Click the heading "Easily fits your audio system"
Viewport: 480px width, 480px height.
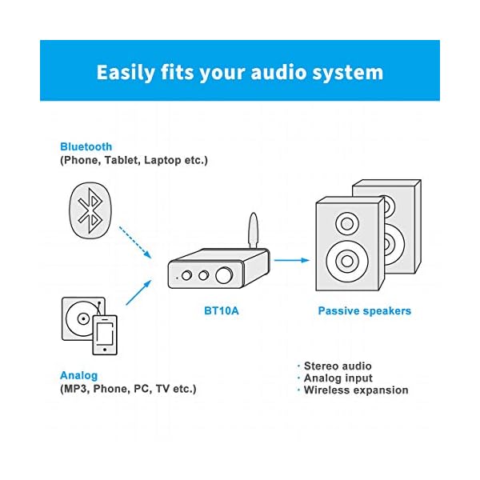239,72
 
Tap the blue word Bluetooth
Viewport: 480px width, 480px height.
86,146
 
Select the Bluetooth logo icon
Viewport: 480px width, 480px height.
94,212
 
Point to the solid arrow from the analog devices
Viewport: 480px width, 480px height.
138,293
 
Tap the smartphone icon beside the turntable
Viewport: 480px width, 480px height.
106,334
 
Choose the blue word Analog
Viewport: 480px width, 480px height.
78,375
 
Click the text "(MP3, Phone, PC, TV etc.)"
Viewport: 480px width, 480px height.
128,389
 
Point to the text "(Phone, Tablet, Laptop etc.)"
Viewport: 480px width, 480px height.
134,160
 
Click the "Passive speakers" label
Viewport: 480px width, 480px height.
364,310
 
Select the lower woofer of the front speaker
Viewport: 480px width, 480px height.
348,260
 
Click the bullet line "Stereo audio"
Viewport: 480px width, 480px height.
336,366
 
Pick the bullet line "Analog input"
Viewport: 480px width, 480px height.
336,378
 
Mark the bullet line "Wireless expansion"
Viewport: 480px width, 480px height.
354,390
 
